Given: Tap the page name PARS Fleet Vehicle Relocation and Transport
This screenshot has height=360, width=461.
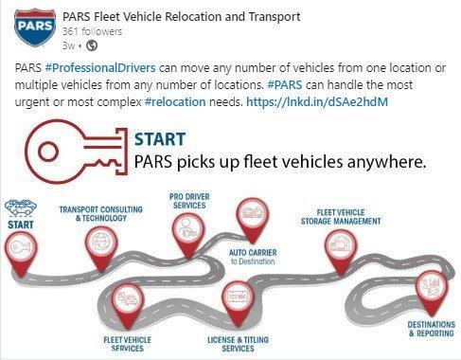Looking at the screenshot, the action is tap(181, 17).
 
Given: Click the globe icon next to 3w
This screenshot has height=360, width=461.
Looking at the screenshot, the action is tap(92, 45).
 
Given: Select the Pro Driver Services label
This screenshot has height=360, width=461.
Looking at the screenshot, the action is tap(187, 201).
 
